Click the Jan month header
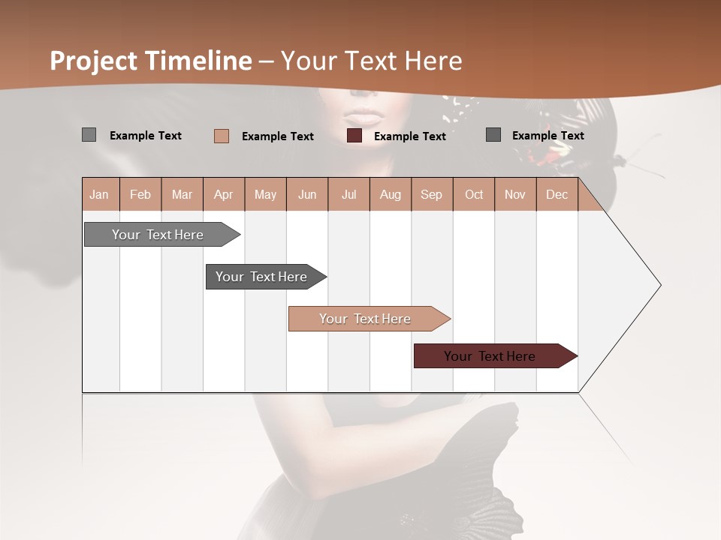[x=99, y=194]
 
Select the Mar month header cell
[x=182, y=194]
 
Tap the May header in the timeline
[x=265, y=194]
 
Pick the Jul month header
[x=348, y=194]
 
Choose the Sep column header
[x=431, y=194]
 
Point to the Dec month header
[x=557, y=194]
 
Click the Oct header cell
[x=474, y=194]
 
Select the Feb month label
[x=140, y=194]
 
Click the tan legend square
[x=222, y=136]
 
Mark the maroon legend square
[x=354, y=135]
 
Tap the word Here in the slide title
[x=433, y=61]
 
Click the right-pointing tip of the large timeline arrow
[x=659, y=285]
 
